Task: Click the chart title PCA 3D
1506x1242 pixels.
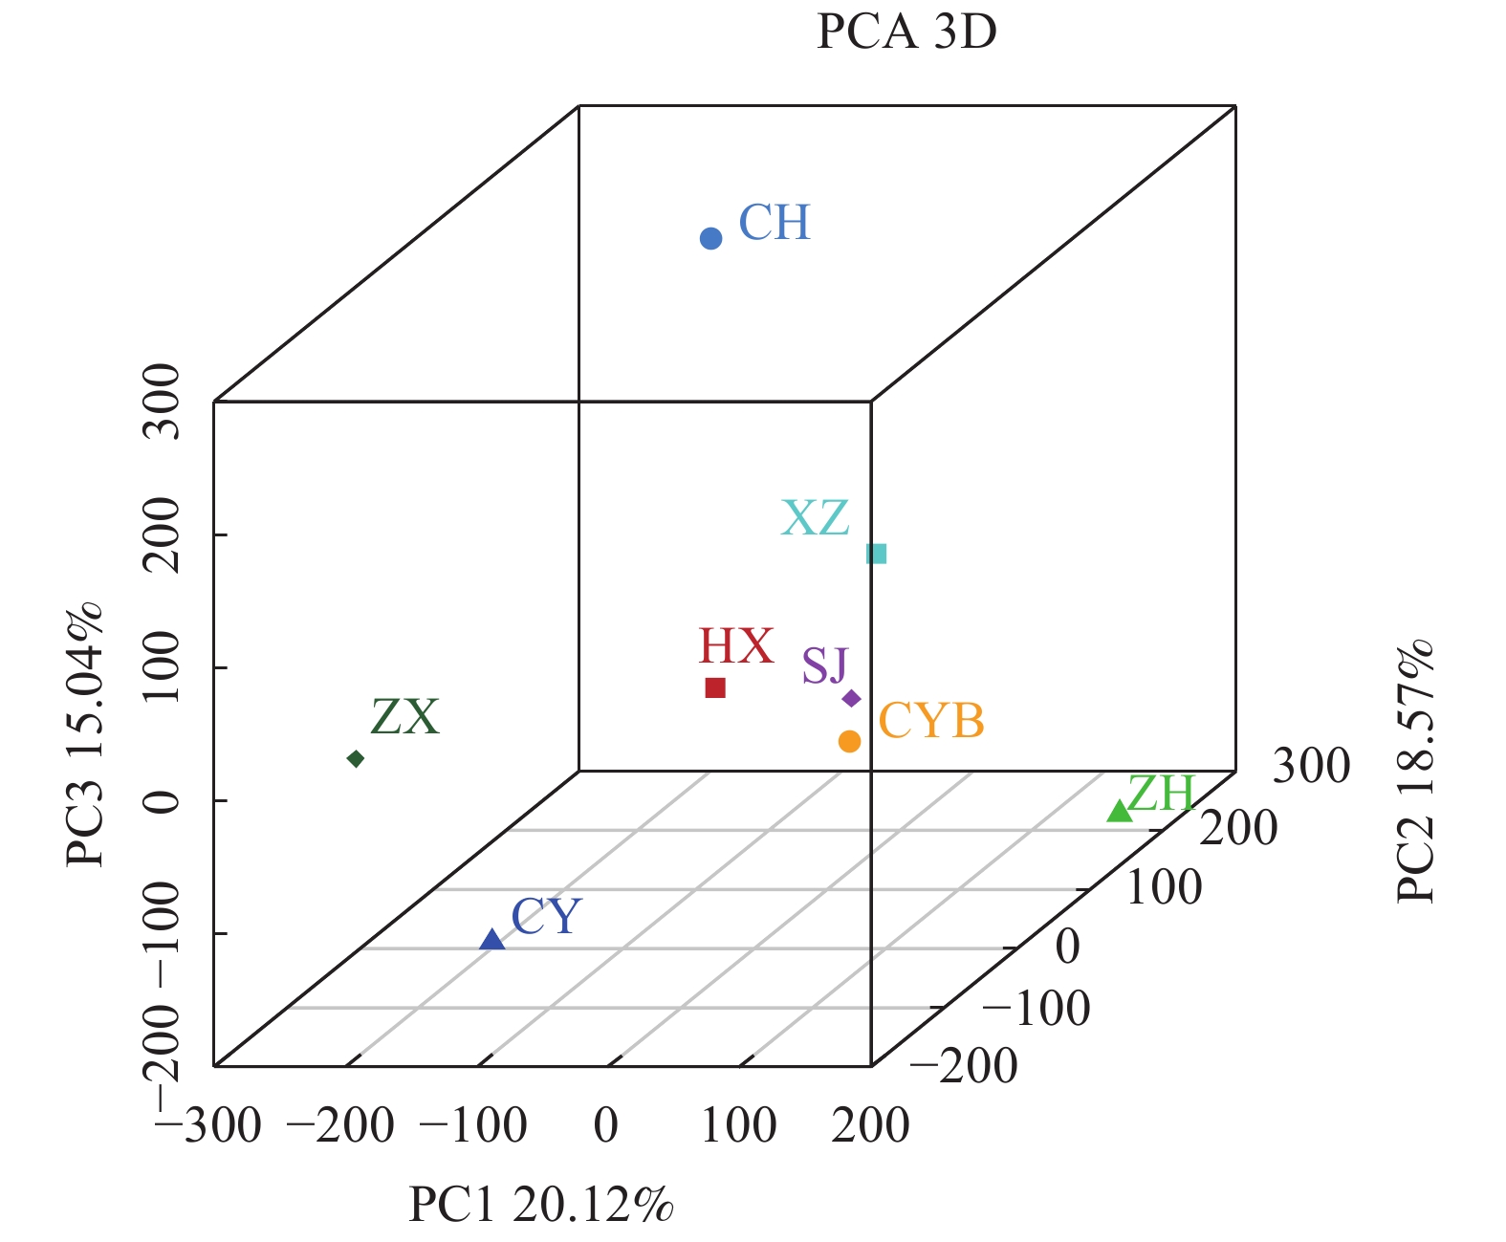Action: [906, 32]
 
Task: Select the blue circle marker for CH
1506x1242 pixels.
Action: [710, 238]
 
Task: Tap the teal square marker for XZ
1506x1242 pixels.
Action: [876, 554]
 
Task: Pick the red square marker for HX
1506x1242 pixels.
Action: [715, 687]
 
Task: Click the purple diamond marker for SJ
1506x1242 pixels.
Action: [851, 699]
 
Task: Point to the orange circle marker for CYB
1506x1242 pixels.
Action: [849, 741]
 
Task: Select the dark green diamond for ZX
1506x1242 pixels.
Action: [356, 759]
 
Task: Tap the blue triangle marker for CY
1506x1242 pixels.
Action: [491, 940]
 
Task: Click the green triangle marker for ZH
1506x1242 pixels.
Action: [1119, 811]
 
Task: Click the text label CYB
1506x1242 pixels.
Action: [930, 721]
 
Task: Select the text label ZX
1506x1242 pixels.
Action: [404, 717]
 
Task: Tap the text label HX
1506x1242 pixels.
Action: [735, 646]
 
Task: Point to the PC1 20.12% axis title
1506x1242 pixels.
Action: [541, 1205]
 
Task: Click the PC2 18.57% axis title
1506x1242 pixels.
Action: [1416, 771]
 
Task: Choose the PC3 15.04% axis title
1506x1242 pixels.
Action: [85, 734]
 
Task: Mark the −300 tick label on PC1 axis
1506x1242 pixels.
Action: [207, 1125]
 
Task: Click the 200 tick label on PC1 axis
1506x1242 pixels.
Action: [870, 1125]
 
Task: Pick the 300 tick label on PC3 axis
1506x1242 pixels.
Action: [161, 402]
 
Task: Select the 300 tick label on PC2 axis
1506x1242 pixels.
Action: [1311, 766]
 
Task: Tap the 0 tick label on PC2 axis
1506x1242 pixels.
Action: [1067, 947]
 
